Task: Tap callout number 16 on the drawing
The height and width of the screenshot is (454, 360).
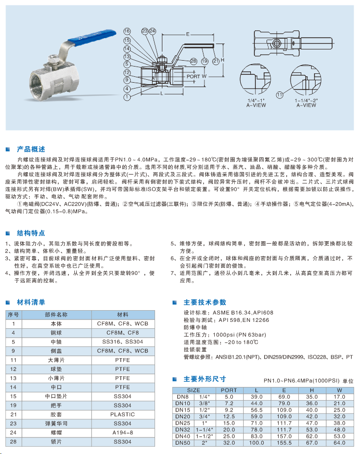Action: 127,31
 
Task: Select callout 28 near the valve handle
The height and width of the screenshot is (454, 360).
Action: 194,61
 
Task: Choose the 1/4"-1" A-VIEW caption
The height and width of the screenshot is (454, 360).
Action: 256,103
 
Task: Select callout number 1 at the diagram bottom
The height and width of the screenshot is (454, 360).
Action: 127,97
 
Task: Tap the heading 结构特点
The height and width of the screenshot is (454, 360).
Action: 31,232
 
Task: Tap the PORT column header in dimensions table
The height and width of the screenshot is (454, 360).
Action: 229,390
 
